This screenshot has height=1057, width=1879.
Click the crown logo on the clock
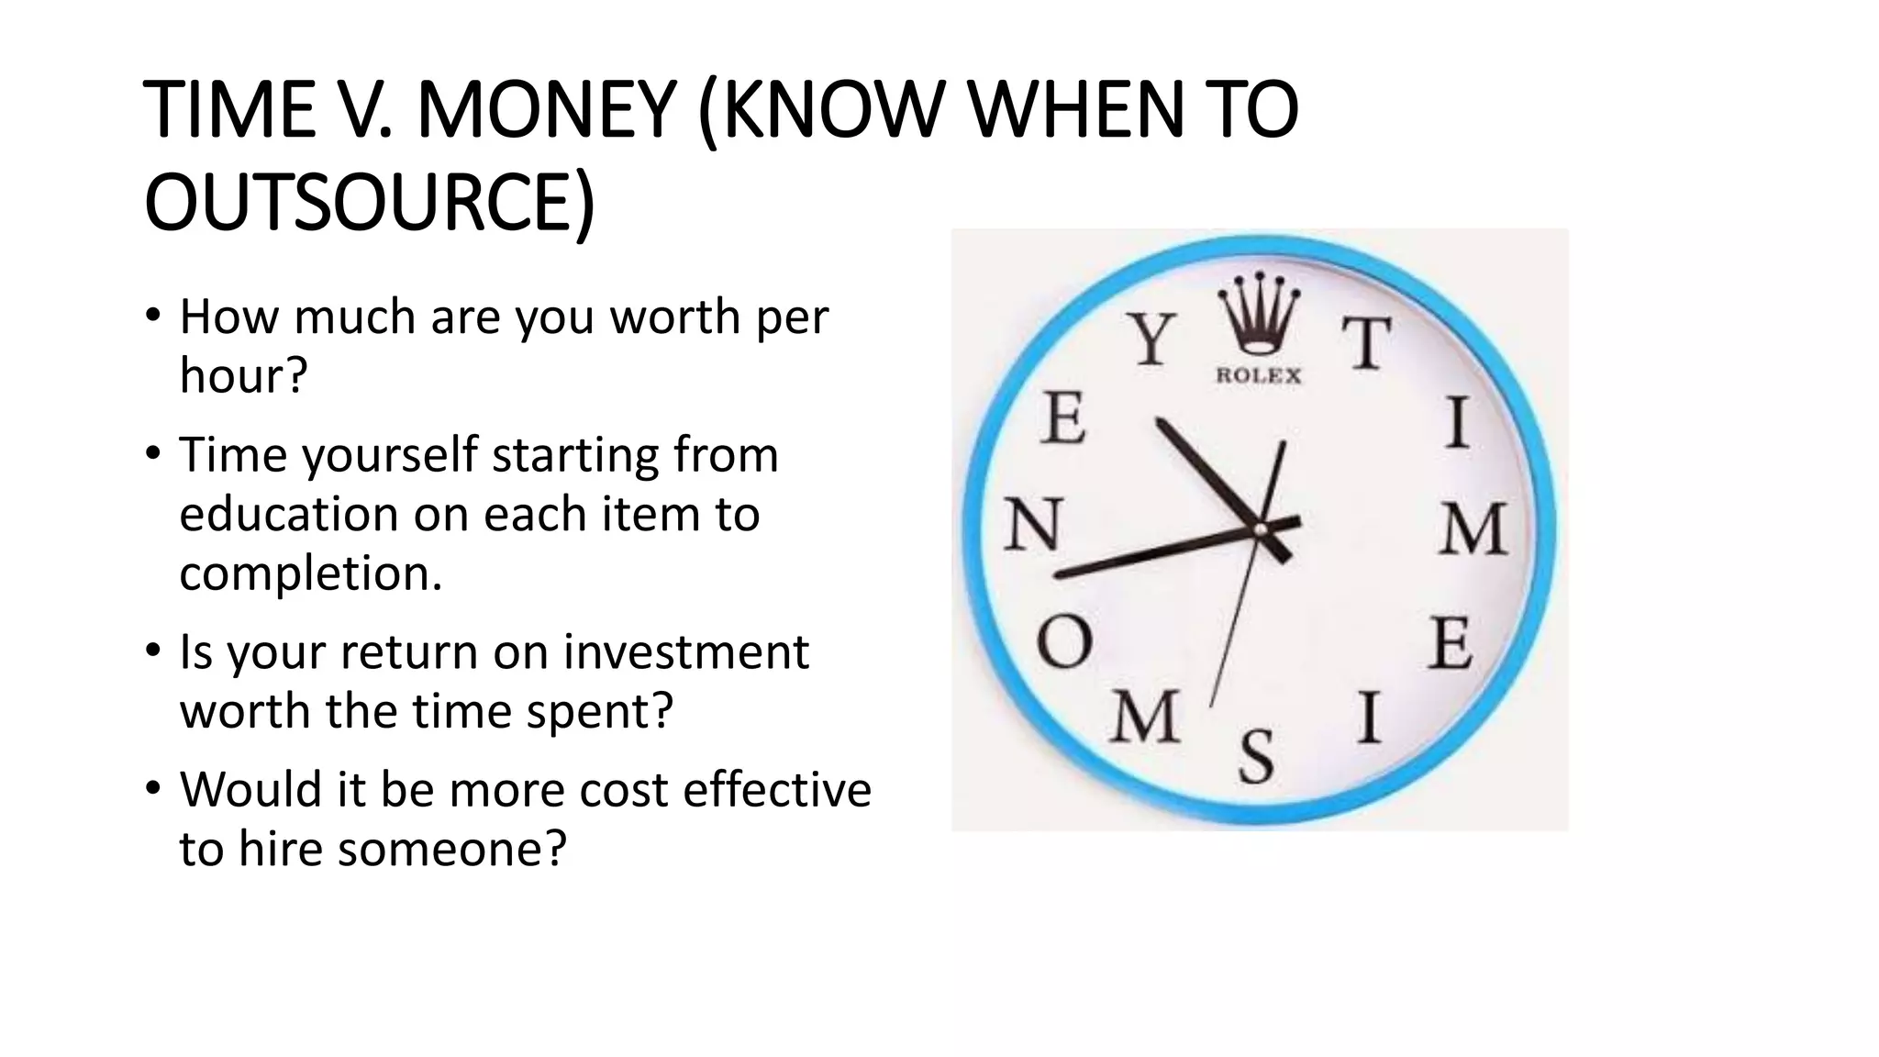(1258, 317)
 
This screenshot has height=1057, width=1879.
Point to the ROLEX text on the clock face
(1258, 375)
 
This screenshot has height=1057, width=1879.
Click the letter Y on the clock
(1151, 339)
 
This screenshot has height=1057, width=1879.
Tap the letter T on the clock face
(1366, 343)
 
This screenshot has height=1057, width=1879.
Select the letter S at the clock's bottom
(1257, 756)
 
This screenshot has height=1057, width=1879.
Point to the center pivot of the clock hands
(1260, 528)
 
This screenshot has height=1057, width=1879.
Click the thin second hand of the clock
(1234, 624)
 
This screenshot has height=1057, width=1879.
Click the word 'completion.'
(311, 573)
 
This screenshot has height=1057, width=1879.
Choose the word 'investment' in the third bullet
(685, 652)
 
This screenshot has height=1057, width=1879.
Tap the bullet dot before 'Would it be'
(153, 788)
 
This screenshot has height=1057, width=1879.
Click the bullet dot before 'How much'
(153, 316)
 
